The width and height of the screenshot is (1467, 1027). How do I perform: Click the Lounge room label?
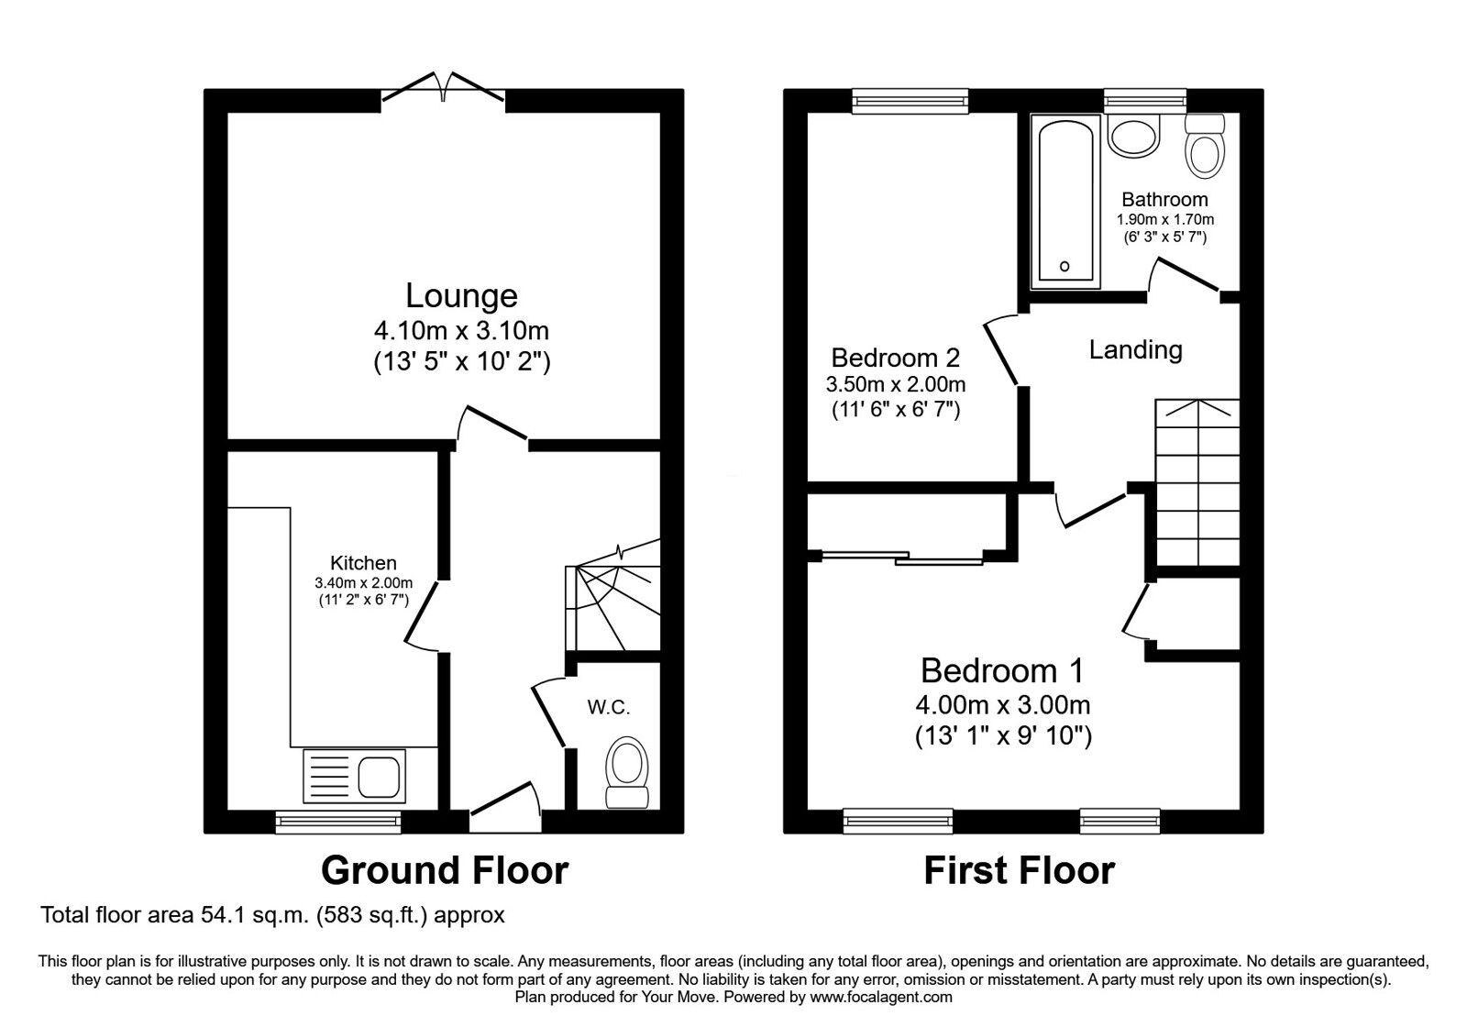click(461, 296)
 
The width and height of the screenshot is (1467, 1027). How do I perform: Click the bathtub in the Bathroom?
click(1064, 201)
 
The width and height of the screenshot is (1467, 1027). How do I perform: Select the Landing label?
click(1135, 349)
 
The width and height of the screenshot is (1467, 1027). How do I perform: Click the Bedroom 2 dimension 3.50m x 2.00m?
click(895, 384)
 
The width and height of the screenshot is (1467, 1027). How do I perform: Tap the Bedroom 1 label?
click(1002, 670)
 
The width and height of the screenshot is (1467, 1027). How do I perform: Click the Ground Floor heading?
click(445, 869)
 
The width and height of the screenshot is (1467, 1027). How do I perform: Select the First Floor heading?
click(1019, 869)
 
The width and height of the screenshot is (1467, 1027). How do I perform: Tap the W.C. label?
click(609, 707)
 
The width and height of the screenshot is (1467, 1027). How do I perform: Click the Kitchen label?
click(363, 563)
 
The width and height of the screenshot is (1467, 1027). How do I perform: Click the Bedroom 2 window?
click(910, 100)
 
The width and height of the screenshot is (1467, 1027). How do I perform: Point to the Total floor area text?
click(273, 914)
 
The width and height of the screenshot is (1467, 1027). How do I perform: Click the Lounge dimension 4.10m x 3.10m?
click(461, 329)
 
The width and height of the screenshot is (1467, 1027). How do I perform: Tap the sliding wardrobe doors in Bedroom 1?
click(902, 556)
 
